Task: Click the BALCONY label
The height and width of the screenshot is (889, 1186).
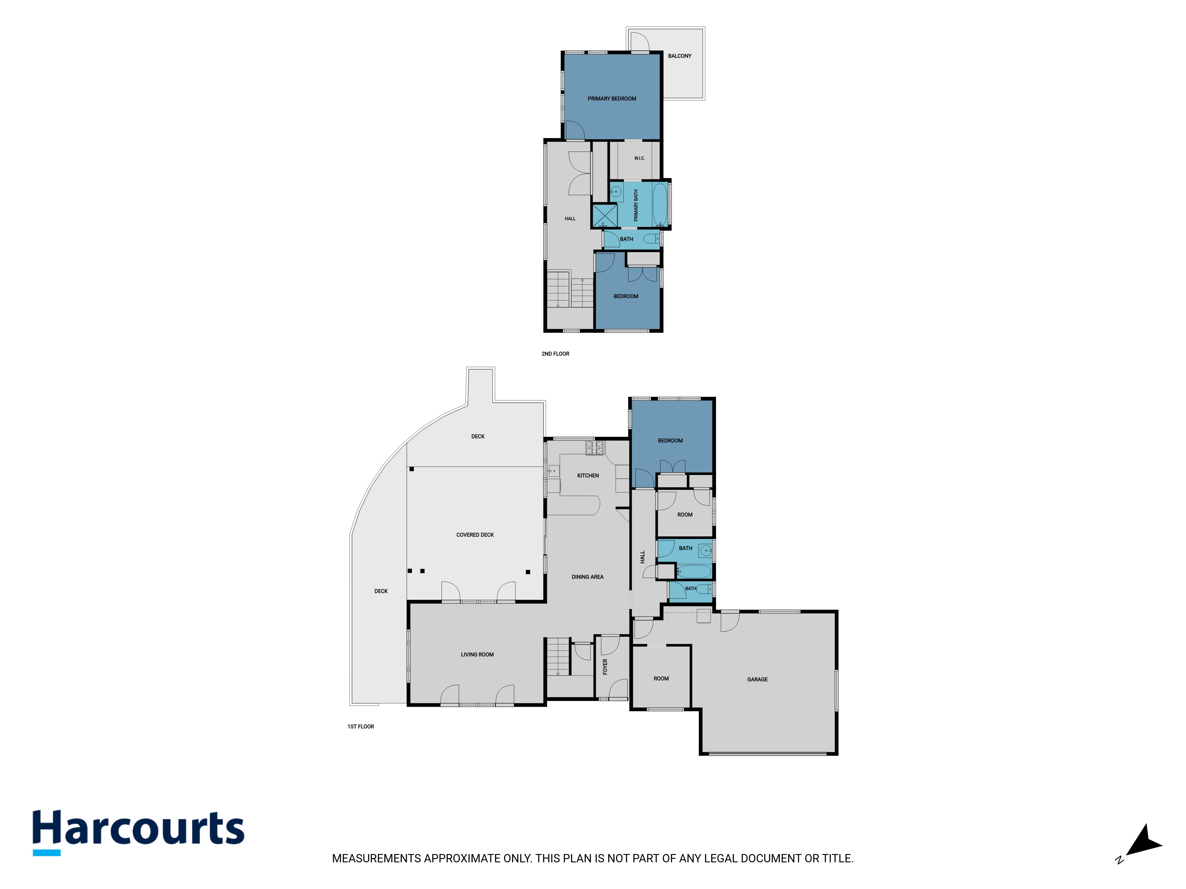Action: (679, 56)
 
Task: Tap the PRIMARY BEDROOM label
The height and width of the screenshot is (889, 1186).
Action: (612, 99)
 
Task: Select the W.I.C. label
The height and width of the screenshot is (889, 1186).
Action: (639, 158)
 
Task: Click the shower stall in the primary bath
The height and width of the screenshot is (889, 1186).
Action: (604, 215)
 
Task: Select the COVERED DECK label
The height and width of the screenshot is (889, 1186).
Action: (475, 535)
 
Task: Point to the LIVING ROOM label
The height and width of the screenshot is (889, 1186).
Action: (477, 654)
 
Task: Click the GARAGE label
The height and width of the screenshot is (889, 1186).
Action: (758, 679)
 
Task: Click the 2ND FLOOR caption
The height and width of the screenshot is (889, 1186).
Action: (555, 354)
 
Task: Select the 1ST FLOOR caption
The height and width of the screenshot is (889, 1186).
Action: (361, 727)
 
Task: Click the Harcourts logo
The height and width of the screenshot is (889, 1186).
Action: (138, 832)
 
